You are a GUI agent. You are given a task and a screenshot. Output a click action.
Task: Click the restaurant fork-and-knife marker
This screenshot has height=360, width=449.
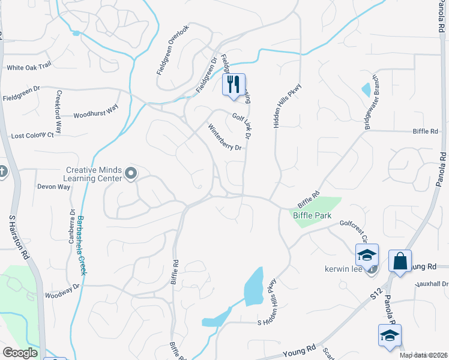pyautogui.click(x=234, y=84)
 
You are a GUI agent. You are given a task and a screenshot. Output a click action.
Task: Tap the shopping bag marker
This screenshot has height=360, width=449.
pyautogui.click(x=400, y=262)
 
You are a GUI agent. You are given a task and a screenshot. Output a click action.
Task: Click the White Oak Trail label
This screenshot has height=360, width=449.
pyautogui.click(x=29, y=68)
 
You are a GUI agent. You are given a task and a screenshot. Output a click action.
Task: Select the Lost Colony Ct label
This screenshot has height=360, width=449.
pyautogui.click(x=32, y=136)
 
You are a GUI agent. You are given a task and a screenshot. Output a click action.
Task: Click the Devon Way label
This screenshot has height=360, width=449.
pyautogui.click(x=53, y=187)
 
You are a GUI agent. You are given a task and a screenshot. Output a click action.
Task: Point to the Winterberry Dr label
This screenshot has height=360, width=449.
pyautogui.click(x=224, y=137)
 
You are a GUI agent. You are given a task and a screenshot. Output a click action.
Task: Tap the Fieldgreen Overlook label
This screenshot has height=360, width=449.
pyautogui.click(x=173, y=50)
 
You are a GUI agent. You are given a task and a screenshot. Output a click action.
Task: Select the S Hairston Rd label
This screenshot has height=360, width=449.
pyautogui.click(x=19, y=236)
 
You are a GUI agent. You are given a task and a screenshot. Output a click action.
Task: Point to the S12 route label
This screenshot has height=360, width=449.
pyautogui.click(x=376, y=293)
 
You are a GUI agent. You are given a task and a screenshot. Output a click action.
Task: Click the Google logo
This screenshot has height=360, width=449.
pyautogui.click(x=20, y=352)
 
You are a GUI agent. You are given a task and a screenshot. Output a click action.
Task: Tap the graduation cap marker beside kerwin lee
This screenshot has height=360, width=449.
pyautogui.click(x=367, y=255)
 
